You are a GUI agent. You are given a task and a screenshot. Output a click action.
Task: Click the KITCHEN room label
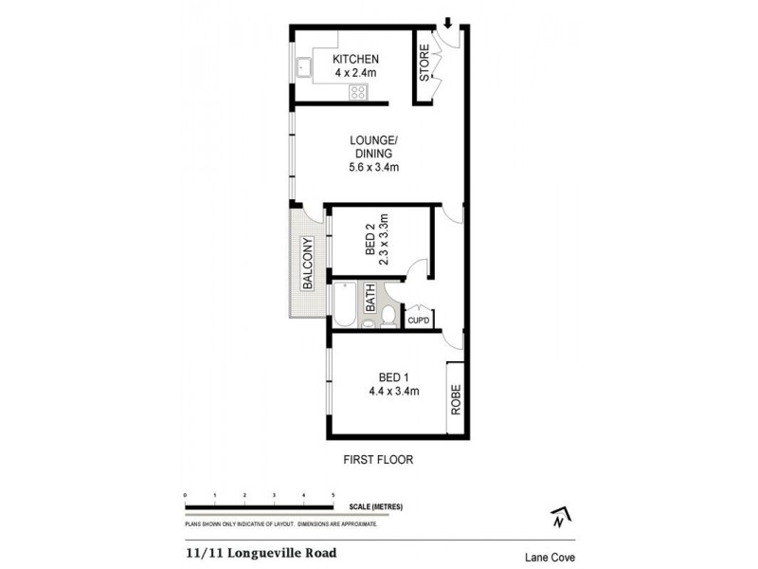355,60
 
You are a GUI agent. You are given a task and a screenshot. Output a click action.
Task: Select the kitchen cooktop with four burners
359,91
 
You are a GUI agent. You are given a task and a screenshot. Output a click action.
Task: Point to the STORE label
424,62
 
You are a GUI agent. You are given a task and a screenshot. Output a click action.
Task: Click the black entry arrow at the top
447,23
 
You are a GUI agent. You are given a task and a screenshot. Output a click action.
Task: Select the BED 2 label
370,244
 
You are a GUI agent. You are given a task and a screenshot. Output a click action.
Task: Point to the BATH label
371,301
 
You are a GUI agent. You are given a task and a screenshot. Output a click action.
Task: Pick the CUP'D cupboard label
418,321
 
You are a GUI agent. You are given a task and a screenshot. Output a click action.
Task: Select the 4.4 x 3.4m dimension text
395,390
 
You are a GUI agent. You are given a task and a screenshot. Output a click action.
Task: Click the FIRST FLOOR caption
378,460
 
